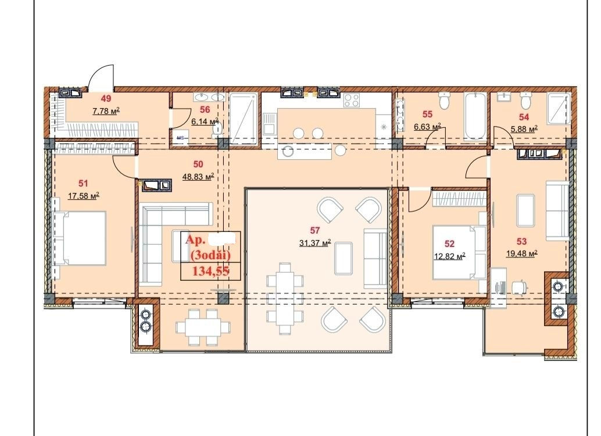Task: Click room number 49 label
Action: (x=106, y=99)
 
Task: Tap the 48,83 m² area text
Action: (x=198, y=177)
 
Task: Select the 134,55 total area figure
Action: (x=210, y=271)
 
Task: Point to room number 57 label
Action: (x=314, y=230)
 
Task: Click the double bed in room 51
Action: (x=80, y=238)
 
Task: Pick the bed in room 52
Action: (x=460, y=253)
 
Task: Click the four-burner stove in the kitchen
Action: (x=352, y=101)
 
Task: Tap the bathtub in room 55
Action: (x=475, y=116)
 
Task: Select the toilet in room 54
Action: (x=525, y=101)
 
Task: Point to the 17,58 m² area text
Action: (x=84, y=196)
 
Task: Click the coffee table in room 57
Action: (x=344, y=258)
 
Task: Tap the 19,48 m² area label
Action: (x=521, y=254)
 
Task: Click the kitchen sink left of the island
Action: (x=269, y=123)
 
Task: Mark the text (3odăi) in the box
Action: (x=210, y=255)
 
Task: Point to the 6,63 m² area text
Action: (x=427, y=127)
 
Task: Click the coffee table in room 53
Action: (x=525, y=210)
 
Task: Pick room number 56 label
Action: (x=205, y=110)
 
